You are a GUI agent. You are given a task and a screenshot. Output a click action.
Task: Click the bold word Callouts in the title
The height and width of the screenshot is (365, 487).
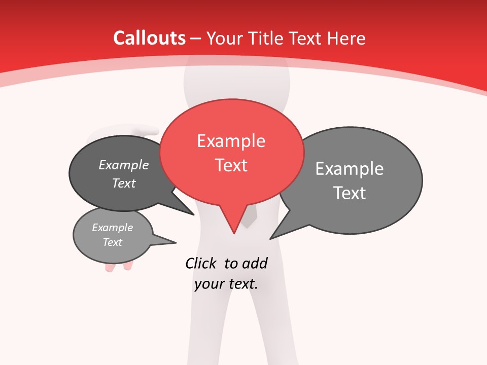(149, 38)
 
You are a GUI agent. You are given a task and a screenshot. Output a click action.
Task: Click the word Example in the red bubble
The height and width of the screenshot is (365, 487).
(231, 141)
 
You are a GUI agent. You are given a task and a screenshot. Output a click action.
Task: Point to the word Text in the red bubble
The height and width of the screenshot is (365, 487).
(231, 165)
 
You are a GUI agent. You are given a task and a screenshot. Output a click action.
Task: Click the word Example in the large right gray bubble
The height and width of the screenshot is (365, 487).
(349, 168)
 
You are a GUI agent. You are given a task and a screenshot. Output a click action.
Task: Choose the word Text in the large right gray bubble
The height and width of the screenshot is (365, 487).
(349, 193)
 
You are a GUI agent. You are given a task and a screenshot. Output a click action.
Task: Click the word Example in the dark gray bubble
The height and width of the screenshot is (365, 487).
(123, 165)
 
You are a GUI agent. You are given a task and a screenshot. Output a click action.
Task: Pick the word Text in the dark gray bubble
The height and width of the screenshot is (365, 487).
(123, 183)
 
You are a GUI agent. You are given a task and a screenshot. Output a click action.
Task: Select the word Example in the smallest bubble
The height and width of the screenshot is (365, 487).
(112, 228)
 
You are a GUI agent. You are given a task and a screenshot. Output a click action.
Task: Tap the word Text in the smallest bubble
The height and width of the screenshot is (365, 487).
(112, 242)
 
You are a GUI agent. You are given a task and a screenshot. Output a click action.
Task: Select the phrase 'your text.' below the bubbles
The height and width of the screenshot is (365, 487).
(226, 284)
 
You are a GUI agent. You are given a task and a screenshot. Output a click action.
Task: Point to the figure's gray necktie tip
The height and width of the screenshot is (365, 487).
(249, 223)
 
